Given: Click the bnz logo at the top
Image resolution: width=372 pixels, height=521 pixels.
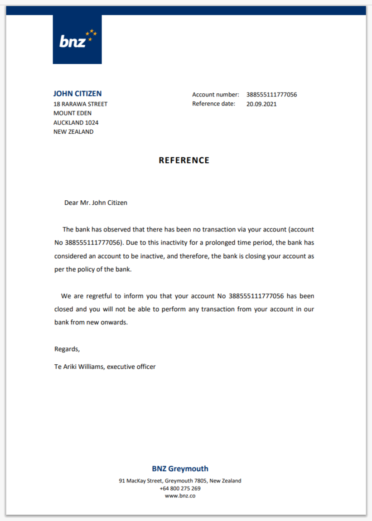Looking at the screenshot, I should [x=77, y=39].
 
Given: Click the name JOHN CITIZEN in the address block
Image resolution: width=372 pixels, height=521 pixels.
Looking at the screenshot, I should [x=77, y=94].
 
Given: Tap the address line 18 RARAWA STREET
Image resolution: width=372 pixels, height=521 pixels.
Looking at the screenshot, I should [x=80, y=104].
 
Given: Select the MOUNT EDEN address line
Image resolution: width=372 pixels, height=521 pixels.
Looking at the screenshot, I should [x=72, y=113].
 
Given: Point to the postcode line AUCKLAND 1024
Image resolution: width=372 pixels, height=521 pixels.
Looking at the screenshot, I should [x=76, y=123].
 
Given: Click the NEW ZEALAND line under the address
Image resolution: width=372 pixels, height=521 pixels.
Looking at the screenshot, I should [x=73, y=132].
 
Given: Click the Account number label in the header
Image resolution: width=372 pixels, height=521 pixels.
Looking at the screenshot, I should [x=215, y=95].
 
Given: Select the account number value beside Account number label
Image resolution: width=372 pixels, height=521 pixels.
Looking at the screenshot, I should [x=271, y=95].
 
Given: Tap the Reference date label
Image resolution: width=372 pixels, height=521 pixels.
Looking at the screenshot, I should [x=214, y=104].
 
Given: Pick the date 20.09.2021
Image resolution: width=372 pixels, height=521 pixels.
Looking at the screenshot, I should [x=261, y=104].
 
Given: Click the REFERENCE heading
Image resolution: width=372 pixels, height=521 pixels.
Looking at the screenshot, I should [x=184, y=160].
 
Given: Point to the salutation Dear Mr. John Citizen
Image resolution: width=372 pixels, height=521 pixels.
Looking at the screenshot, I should [x=96, y=203].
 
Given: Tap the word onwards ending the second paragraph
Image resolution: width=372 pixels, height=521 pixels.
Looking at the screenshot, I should [x=116, y=323].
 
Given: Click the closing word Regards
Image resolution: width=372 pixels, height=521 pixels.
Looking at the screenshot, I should [x=67, y=349].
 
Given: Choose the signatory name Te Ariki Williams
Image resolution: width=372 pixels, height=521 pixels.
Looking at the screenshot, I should [x=79, y=367].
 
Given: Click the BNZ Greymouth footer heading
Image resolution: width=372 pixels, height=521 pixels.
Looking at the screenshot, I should [x=180, y=469].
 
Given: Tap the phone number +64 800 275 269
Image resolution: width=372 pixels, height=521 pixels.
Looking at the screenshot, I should [x=180, y=488].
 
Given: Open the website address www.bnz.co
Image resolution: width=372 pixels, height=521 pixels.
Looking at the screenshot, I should [x=180, y=496].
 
